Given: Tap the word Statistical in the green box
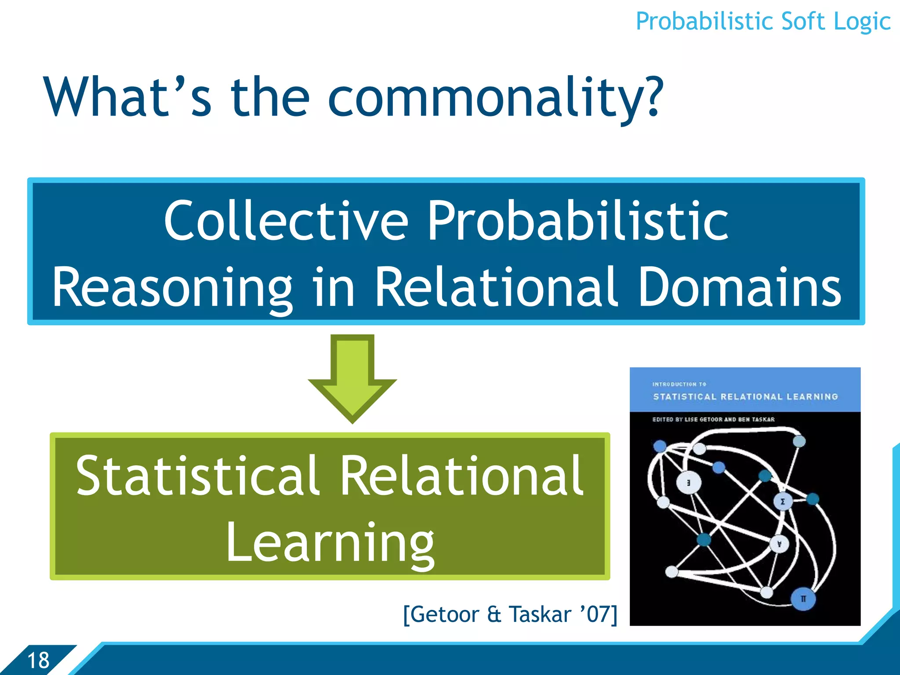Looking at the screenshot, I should point(197,476).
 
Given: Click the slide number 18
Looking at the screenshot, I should point(38,660).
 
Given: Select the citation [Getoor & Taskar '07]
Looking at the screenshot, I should point(510,614).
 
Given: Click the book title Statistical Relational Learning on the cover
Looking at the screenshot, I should point(745,397).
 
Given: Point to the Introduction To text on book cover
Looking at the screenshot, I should point(679,384).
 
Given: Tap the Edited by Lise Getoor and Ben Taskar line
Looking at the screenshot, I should point(713,420).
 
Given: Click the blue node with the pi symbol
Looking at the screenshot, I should point(803,599).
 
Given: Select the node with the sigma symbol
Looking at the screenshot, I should point(782,501).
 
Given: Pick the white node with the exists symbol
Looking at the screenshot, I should point(689,483).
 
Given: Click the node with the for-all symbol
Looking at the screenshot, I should point(779,544).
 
